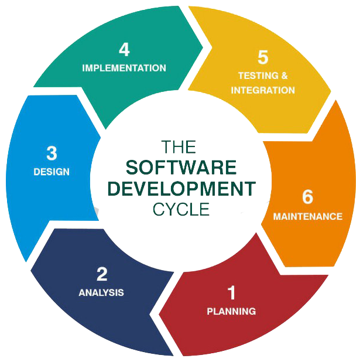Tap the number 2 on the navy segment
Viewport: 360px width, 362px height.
tap(102, 274)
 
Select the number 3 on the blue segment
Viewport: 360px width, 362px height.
tap(52, 153)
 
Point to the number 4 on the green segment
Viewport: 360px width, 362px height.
tap(124, 49)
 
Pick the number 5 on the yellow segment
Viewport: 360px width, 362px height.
tap(263, 57)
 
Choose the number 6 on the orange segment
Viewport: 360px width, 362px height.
tap(308, 197)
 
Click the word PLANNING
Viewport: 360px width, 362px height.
tap(231, 311)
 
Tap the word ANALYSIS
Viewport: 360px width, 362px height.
tap(101, 292)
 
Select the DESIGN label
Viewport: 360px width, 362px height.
tap(52, 172)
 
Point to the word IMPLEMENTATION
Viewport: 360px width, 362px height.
tap(124, 68)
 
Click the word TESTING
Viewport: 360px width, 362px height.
tap(255, 76)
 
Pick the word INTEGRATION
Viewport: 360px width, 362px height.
tap(263, 90)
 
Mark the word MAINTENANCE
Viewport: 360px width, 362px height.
tap(308, 216)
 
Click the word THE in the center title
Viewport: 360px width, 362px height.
tap(179, 146)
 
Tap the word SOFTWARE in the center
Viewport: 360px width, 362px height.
tap(181, 168)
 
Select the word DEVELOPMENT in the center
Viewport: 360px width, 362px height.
tap(181, 188)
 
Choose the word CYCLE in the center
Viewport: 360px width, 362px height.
tap(181, 209)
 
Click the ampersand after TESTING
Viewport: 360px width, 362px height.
tap(284, 76)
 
